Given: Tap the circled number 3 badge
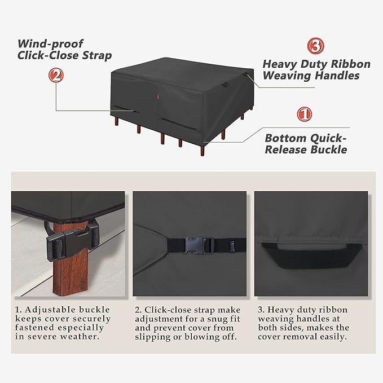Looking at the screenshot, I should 315,46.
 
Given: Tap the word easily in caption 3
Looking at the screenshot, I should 334,337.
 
